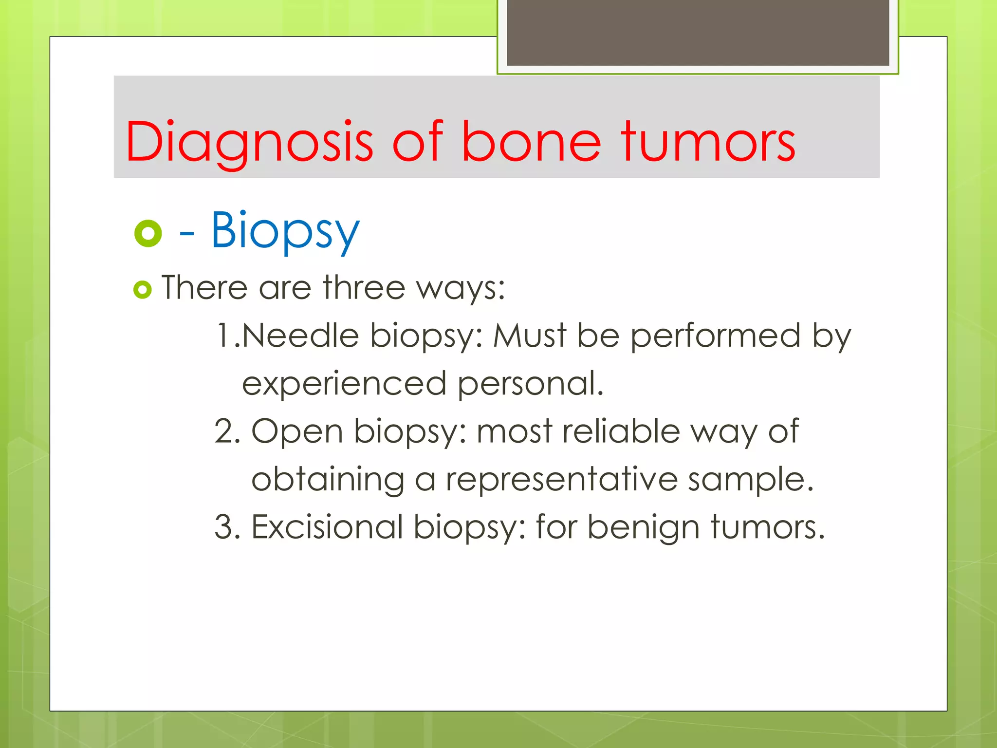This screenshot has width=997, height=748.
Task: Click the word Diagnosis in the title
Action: click(x=249, y=142)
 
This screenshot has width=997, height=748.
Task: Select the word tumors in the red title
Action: click(x=708, y=142)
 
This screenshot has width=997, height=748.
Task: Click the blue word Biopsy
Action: click(x=285, y=230)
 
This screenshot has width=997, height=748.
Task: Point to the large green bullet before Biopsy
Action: click(x=148, y=234)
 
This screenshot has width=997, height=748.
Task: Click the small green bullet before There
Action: click(x=143, y=290)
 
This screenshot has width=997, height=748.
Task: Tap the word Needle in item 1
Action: click(x=300, y=336)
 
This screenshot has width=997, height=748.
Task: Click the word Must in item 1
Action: click(x=530, y=336)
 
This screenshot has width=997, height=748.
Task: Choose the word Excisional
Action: click(x=327, y=527)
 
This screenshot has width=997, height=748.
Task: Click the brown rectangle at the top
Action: click(x=698, y=32)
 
